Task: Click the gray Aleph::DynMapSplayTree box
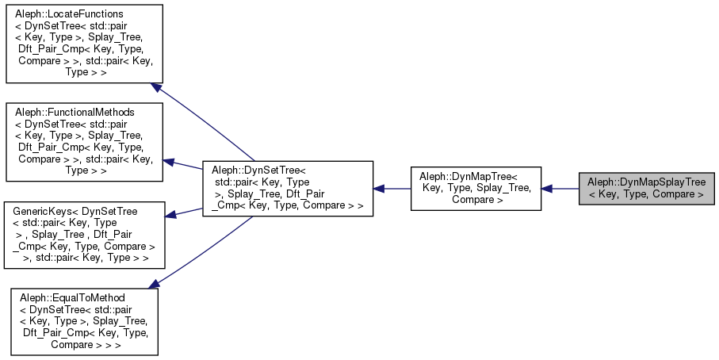coord(647,188)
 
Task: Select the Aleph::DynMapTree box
coord(476,188)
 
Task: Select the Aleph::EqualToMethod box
coord(83,321)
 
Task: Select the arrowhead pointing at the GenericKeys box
coord(170,214)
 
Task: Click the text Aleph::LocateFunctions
coord(64,15)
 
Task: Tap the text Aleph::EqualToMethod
coord(71,297)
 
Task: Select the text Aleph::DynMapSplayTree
coord(647,182)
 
